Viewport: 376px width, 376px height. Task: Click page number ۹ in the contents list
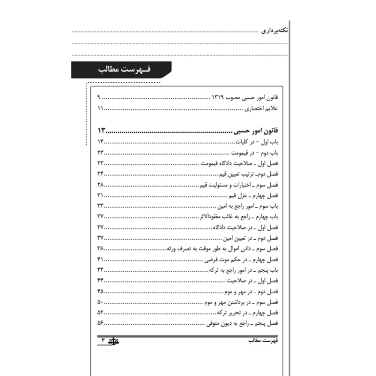pyautogui.click(x=99, y=98)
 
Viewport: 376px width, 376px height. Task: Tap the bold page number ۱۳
pyautogui.click(x=102, y=130)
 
